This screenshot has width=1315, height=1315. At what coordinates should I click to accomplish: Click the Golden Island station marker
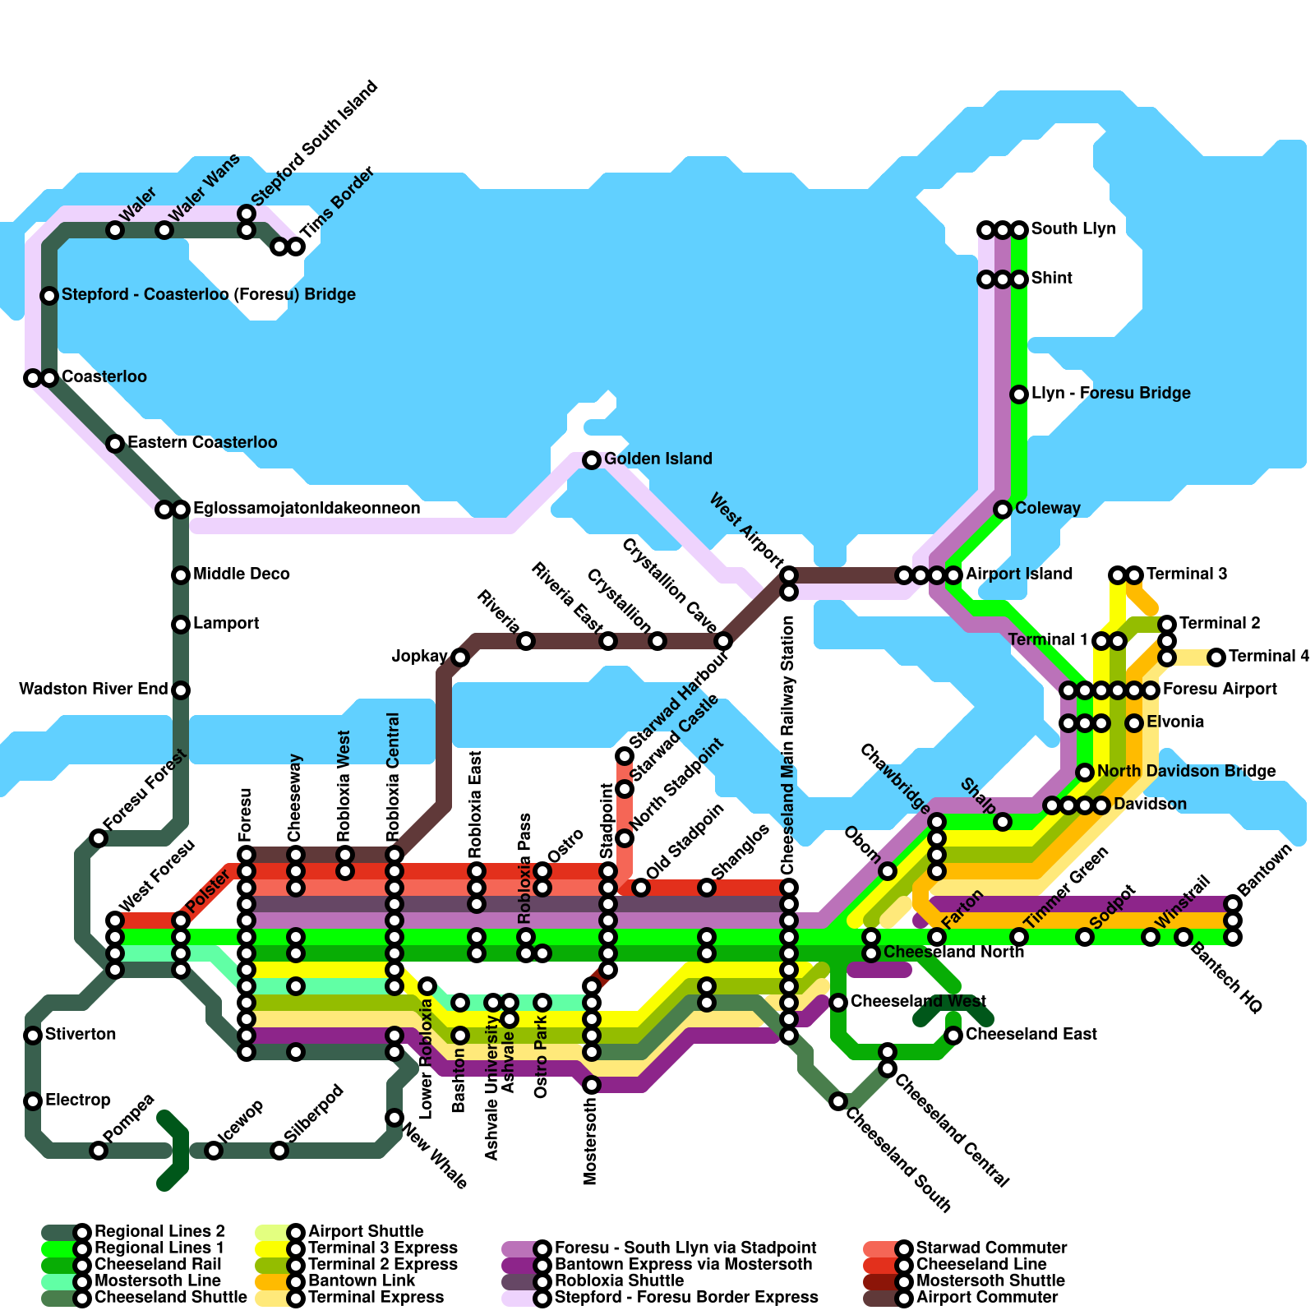point(592,460)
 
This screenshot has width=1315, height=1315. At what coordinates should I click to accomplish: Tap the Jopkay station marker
point(460,657)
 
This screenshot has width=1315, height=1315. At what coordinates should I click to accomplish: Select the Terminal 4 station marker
point(1216,657)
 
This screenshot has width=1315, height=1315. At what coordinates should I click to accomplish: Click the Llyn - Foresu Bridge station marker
point(1019,394)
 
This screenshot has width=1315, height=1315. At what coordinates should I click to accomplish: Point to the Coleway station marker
point(1003,510)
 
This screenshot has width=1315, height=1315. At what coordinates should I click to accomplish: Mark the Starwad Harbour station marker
point(625,756)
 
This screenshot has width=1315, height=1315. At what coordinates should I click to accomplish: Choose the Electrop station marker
point(33,1101)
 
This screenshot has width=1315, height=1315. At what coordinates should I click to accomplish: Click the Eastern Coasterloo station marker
point(115,444)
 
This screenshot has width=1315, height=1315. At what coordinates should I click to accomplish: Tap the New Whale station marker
point(394,1118)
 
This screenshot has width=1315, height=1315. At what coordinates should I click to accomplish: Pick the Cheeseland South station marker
point(838,1101)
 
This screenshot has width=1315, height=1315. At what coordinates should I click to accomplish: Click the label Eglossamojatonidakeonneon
point(306,509)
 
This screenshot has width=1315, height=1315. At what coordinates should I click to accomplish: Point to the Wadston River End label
point(93,690)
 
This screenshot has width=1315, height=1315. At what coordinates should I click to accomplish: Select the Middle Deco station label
point(241,574)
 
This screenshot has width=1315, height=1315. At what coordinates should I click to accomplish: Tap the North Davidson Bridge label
point(1186,772)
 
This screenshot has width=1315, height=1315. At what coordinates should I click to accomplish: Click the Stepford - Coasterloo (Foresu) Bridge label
point(208,295)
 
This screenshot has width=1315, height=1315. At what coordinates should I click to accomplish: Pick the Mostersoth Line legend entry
point(157,1281)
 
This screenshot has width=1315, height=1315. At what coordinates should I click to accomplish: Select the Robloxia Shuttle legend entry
point(619,1281)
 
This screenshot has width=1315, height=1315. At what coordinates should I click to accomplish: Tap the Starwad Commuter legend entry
point(991,1248)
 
